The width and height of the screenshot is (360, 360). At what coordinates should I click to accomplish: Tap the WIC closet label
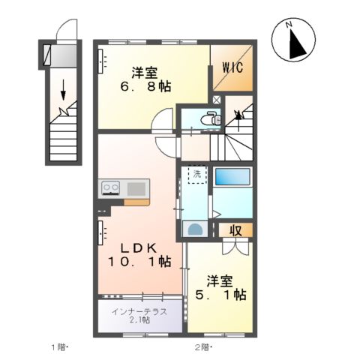(231, 69)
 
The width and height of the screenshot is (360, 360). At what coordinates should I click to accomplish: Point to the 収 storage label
(235, 230)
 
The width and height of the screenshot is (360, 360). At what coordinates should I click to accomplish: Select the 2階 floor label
(202, 346)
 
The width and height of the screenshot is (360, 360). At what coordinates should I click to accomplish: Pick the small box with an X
(217, 99)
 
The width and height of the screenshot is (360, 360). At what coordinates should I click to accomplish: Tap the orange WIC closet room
(232, 67)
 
